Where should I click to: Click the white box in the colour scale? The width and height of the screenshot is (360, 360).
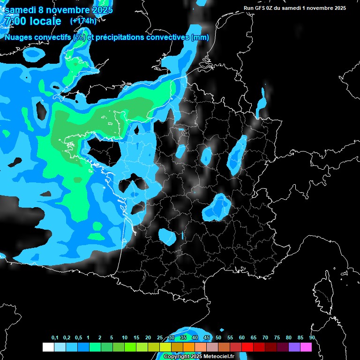(x=48, y=347)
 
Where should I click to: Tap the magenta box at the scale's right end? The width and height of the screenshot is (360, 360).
(x=306, y=347)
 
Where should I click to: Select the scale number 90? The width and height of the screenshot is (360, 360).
(x=312, y=338)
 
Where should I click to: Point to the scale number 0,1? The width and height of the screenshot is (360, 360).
(x=55, y=338)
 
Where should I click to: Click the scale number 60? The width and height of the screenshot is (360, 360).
(x=242, y=338)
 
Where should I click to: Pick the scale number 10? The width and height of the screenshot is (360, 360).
(x=125, y=338)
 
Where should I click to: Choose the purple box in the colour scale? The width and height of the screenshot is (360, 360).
(x=294, y=347)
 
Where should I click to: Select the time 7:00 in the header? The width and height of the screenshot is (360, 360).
(x=15, y=21)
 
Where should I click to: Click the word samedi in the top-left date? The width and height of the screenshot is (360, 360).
(x=20, y=9)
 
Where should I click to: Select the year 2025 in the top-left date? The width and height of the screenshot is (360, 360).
(x=99, y=9)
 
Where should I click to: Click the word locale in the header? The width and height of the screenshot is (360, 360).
(x=45, y=21)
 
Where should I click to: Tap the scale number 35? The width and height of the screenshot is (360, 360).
(x=183, y=338)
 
